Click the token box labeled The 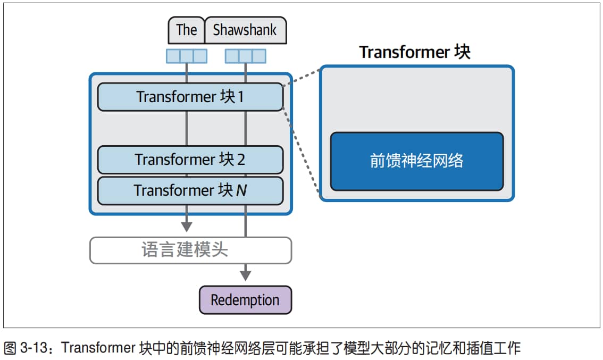[186, 30]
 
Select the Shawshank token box [245, 30]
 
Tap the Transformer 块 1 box [190, 97]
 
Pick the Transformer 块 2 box [190, 160]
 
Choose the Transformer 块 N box [190, 191]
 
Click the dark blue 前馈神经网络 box [417, 161]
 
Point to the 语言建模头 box [191, 250]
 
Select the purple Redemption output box [245, 300]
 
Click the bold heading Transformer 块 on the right [415, 52]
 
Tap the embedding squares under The [187, 56]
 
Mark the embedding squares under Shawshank [245, 56]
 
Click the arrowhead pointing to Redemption [245, 275]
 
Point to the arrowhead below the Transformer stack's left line [187, 227]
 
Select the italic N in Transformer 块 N [241, 191]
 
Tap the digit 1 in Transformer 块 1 [241, 97]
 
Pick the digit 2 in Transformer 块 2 [241, 160]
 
